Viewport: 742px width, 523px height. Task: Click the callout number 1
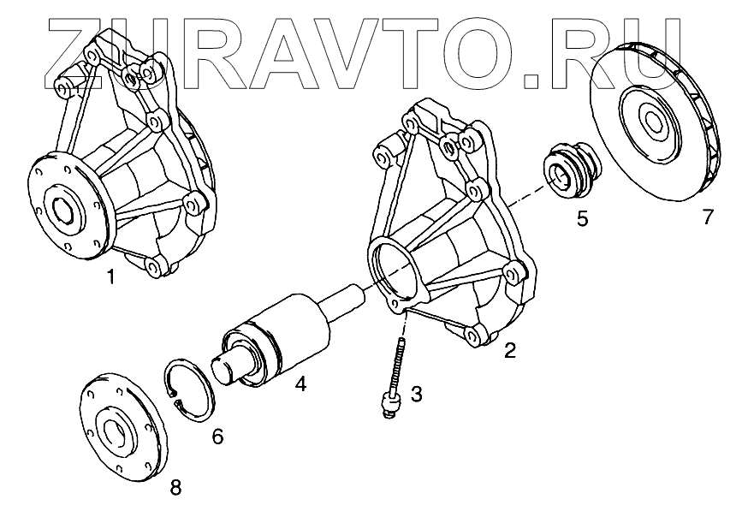110,276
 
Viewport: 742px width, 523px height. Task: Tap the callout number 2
510,350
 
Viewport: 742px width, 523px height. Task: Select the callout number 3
416,394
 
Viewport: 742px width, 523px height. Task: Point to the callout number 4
300,385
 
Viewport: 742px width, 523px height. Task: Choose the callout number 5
582,218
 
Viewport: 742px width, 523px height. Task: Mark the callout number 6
217,437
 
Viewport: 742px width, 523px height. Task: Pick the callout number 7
707,217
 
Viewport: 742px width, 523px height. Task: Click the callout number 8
175,488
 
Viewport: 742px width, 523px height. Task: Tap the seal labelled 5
568,169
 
